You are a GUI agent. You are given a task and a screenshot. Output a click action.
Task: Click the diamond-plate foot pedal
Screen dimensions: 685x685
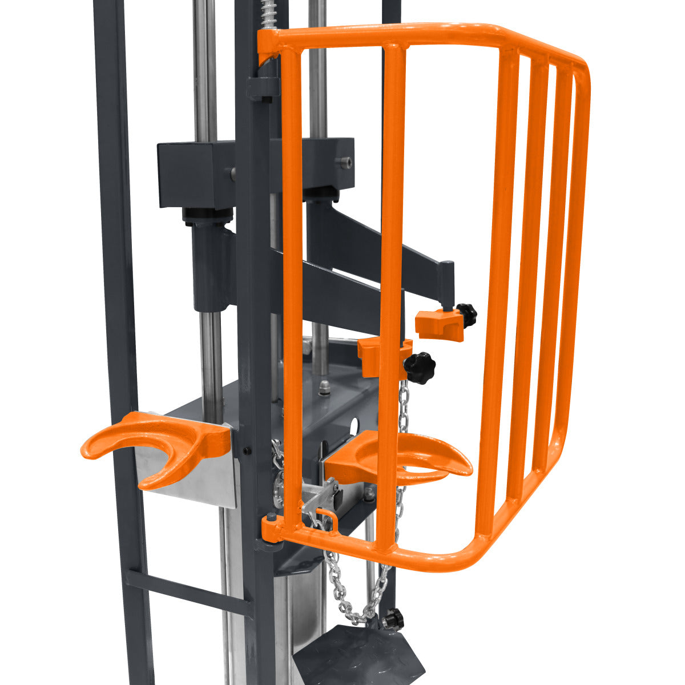pos(360,656)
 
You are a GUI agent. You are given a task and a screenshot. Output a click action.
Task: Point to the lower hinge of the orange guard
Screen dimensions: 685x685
pos(271,528)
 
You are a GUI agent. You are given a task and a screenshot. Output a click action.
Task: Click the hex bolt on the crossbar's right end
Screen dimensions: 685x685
pos(344,163)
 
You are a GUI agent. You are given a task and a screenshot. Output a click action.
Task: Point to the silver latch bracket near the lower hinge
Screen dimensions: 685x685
pos(320,497)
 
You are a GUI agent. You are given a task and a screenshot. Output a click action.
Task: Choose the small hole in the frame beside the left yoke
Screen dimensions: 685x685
pos(246,451)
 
